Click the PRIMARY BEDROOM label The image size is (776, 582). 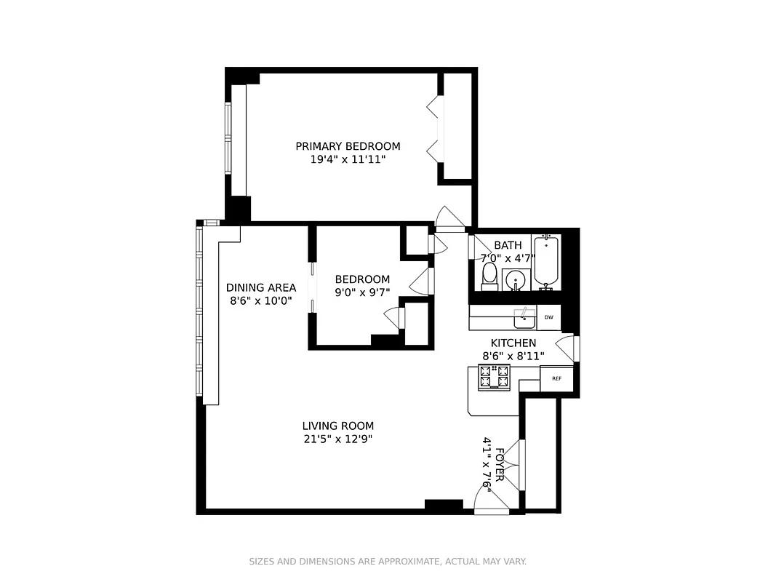coord(348,146)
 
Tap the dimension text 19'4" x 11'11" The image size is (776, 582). coord(348,159)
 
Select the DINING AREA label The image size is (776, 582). coord(260,287)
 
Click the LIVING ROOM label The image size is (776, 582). coord(337,426)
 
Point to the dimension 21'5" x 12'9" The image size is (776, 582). coord(337,439)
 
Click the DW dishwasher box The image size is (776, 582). coord(549,317)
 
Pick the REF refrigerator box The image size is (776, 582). coord(556,378)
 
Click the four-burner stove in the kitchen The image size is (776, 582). coord(493,377)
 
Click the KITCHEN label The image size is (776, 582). coord(513,343)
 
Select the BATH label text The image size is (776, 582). coord(508,245)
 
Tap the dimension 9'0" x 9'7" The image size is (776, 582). coord(362,292)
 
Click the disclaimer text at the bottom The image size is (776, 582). coord(388,562)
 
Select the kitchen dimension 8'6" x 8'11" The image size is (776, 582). coord(513,356)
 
